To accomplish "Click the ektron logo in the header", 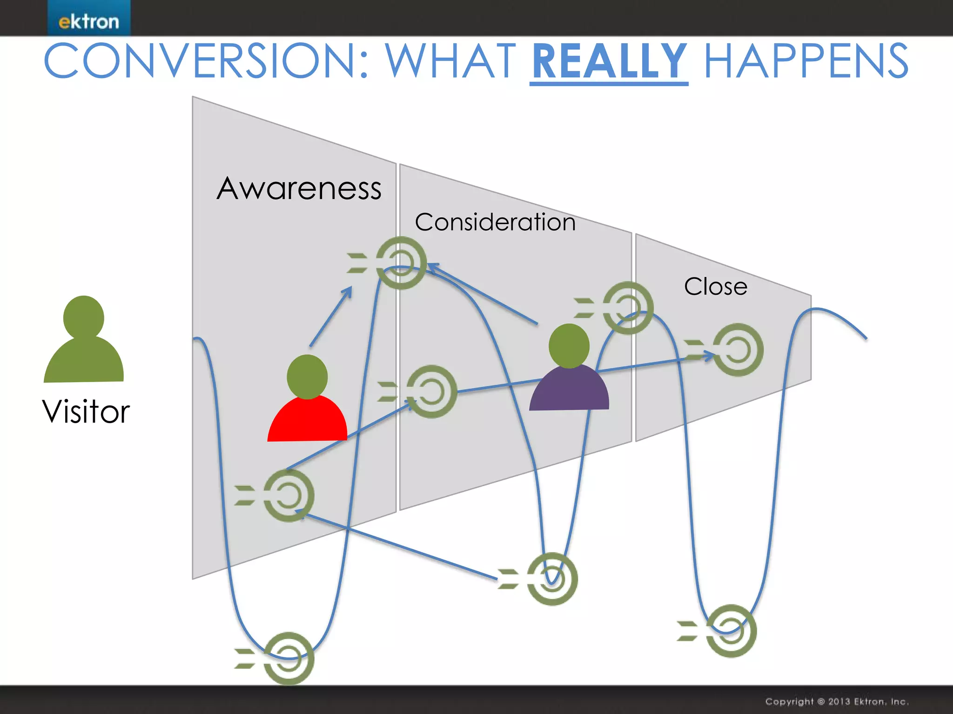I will click(88, 21).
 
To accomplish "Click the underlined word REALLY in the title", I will click(609, 62).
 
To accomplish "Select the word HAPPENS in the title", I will click(806, 62).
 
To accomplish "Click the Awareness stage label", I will click(299, 189).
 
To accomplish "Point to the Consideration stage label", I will click(495, 222).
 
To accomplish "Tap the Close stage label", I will click(716, 286).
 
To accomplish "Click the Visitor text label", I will click(86, 412).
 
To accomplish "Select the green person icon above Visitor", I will click(84, 339).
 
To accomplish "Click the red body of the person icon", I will click(308, 421).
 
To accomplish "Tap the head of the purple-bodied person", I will click(569, 346).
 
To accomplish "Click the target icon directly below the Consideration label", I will click(401, 263).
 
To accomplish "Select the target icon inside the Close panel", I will click(738, 350).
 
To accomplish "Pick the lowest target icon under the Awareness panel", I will click(289, 658).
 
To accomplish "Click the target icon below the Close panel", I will click(731, 631).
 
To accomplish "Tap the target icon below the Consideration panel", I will click(552, 579).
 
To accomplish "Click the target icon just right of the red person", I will click(431, 391).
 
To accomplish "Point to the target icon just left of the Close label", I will click(628, 308).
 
